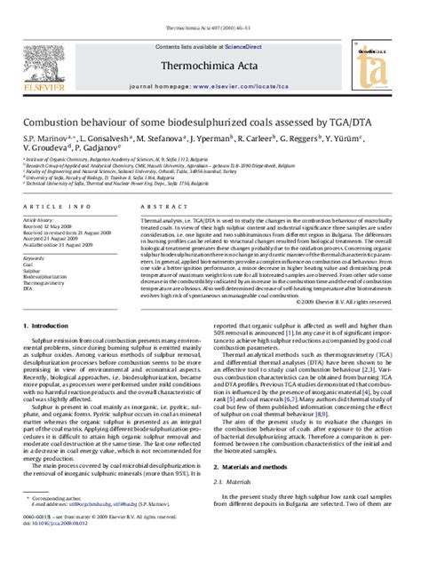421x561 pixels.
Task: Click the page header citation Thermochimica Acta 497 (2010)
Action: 210,5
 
